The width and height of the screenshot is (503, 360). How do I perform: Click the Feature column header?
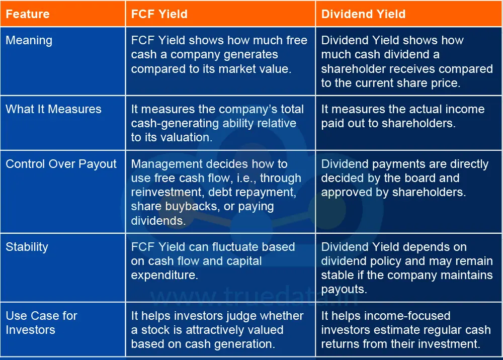pyautogui.click(x=28, y=14)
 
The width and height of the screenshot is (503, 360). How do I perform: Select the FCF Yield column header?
pyautogui.click(x=159, y=14)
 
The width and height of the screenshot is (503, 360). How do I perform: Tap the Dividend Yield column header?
pyautogui.click(x=363, y=14)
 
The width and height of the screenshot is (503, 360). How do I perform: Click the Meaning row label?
pyautogui.click(x=29, y=40)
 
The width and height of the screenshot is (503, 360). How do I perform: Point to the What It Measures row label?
pyautogui.click(x=53, y=109)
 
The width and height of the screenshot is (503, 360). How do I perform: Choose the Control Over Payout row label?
pyautogui.click(x=61, y=164)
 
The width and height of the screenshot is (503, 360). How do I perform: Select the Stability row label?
pyautogui.click(x=27, y=247)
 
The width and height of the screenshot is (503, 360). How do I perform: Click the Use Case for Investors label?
pyautogui.click(x=41, y=323)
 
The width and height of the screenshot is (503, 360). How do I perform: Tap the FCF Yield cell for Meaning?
pyautogui.click(x=219, y=54)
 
